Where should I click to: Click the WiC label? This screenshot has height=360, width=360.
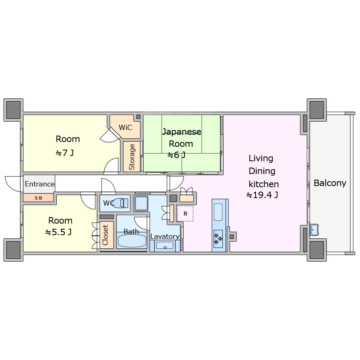coord(125,128)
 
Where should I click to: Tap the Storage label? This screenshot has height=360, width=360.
coord(132,157)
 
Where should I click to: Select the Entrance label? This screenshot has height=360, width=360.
coord(40,184)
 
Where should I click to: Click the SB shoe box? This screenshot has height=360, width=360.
coord(38,198)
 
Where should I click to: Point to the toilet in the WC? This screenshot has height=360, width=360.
coord(120,203)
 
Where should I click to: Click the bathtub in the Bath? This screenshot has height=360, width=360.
coord(132,240)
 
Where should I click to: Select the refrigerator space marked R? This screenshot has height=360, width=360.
coord(185,214)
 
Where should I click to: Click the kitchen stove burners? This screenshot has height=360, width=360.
coord(218,239)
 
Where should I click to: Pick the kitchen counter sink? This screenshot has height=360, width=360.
coord(218,212)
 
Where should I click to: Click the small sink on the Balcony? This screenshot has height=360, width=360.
coord(314,230)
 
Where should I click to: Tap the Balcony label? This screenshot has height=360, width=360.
coord(330,183)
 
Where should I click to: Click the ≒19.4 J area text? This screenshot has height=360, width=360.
coord(262,195)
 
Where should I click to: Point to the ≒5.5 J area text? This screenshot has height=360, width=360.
coord(58,232)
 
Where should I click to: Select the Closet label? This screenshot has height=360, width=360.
coord(105,235)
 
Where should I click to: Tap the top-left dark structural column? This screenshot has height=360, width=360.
coord(13,110)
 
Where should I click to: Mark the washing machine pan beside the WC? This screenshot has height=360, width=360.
coord(141,203)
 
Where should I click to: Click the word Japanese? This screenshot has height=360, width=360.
coord(182,132)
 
